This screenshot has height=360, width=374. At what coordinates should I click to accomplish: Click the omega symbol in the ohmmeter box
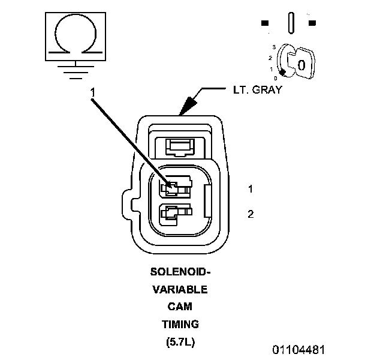[74, 36]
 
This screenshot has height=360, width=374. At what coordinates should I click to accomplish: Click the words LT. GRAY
[257, 92]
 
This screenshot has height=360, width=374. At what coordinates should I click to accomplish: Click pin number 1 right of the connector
[250, 189]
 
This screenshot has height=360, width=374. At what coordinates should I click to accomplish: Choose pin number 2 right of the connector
[250, 214]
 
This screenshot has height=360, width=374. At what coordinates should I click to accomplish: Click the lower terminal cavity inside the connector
[174, 212]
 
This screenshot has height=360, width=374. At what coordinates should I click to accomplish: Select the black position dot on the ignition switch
[282, 73]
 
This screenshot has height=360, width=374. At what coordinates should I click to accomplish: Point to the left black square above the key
[264, 23]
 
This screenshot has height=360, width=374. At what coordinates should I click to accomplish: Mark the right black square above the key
[312, 23]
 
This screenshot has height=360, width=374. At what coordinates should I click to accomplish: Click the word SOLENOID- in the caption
[180, 271]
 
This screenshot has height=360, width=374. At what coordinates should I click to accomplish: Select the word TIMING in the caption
[180, 325]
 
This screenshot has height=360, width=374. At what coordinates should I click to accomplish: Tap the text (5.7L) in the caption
[180, 343]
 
